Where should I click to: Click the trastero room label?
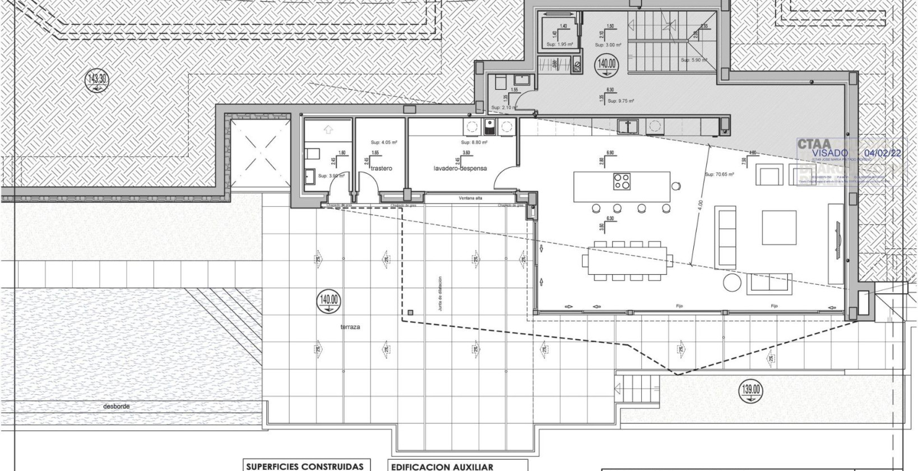pos(381,168)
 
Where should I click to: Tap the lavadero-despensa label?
pos(460,168)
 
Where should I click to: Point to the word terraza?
pos(350,326)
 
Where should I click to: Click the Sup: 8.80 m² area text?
pos(473,142)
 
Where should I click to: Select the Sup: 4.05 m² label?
pos(383,142)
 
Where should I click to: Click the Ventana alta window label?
pos(470,198)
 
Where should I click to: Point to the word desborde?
pos(116,407)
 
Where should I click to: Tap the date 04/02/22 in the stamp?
pos(883,153)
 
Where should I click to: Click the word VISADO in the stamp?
pos(831,153)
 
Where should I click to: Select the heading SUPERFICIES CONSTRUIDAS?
pos(307,467)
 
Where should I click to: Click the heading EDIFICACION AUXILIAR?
pos(442,467)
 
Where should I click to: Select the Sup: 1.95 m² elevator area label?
pos(559,44)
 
